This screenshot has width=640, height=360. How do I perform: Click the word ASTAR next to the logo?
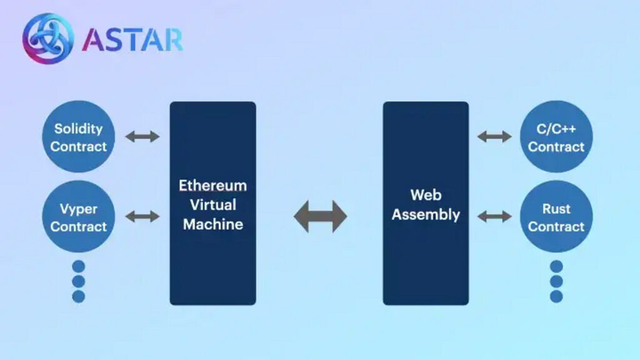[132, 39]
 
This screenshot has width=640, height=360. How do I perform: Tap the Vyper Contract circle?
[78, 217]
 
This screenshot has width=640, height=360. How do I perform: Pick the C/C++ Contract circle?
[556, 137]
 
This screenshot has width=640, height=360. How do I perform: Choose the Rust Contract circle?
[556, 217]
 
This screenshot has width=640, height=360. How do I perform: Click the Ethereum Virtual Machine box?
[212, 203]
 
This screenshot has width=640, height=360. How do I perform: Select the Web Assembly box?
[426, 203]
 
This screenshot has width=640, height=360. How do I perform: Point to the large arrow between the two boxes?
[320, 216]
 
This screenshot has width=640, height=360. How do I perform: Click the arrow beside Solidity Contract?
[142, 136]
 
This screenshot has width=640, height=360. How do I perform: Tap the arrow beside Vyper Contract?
[142, 216]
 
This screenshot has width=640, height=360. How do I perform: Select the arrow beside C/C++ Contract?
[494, 136]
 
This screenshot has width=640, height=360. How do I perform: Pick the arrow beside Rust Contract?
[494, 216]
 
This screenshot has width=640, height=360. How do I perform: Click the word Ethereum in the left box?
[212, 186]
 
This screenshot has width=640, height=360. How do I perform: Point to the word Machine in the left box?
[212, 224]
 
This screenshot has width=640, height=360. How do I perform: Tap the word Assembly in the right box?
[426, 214]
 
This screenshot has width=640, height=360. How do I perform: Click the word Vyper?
[78, 209]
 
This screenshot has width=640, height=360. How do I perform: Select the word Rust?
[556, 209]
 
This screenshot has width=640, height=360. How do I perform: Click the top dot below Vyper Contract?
[78, 266]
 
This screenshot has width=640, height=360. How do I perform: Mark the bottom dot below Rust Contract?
[556, 296]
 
